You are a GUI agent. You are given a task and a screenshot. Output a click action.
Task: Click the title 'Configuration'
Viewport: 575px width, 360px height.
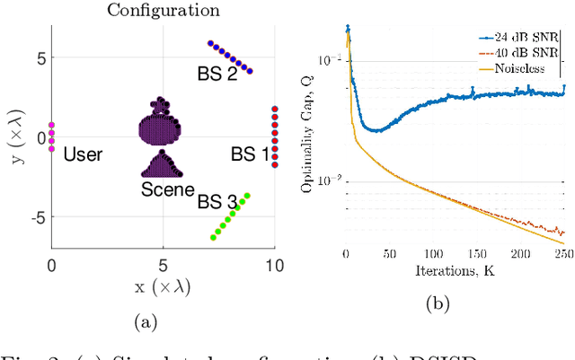[163, 11]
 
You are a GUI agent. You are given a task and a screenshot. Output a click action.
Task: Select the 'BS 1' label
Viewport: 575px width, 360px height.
[250, 154]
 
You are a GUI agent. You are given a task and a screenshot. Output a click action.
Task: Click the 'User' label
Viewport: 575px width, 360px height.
[83, 154]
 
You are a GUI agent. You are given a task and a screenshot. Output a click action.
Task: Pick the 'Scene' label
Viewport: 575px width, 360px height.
[167, 189]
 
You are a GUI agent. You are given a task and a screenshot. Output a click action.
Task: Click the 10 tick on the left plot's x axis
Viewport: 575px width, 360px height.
[274, 264]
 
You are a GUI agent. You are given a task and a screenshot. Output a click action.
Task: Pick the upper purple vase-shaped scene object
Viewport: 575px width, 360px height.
[161, 122]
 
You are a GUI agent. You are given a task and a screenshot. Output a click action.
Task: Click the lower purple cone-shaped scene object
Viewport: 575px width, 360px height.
[162, 165]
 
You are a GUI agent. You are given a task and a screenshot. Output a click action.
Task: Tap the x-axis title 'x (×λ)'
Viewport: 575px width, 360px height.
[163, 286]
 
